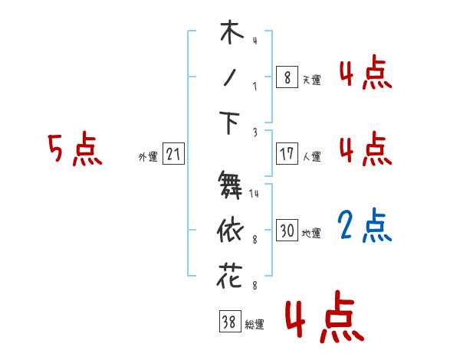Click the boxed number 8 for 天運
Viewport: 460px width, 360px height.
[287, 77]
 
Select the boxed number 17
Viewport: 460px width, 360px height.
[287, 154]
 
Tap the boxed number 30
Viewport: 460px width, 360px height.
[287, 231]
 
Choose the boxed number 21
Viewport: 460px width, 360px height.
[173, 155]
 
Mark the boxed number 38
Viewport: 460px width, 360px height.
[228, 322]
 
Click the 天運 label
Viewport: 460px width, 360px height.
[311, 80]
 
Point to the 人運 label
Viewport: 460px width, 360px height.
[311, 156]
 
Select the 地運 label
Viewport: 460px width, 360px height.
[311, 233]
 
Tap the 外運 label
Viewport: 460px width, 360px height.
[148, 157]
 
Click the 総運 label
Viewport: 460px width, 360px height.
[254, 325]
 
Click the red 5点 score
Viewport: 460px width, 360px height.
[74, 149]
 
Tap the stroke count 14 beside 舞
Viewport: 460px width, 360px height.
[255, 194]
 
